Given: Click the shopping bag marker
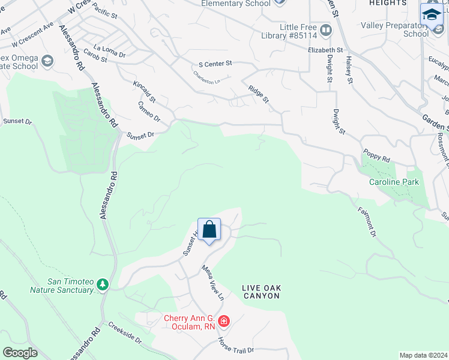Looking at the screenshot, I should coord(209,230).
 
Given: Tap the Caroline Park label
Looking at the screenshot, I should coord(393,181).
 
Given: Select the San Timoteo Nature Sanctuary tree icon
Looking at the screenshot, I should coord(103,283).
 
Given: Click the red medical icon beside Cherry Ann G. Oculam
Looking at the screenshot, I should coord(223,322).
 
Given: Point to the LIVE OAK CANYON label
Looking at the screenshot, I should coord(261,292).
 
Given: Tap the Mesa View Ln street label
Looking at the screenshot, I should coord(212,283).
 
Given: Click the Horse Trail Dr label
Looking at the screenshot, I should coord(236,346).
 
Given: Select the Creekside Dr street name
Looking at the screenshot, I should coord(125,334).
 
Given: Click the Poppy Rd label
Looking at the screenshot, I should coord(376,157).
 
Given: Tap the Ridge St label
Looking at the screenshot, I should coord(258,94).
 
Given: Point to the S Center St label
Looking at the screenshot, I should coord(215,63).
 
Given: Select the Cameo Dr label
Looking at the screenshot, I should coord(149,112).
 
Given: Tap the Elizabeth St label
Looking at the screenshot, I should coord(325,51).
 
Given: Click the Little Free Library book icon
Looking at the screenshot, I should coord(325,29).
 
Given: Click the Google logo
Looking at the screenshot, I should coord(20,353).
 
